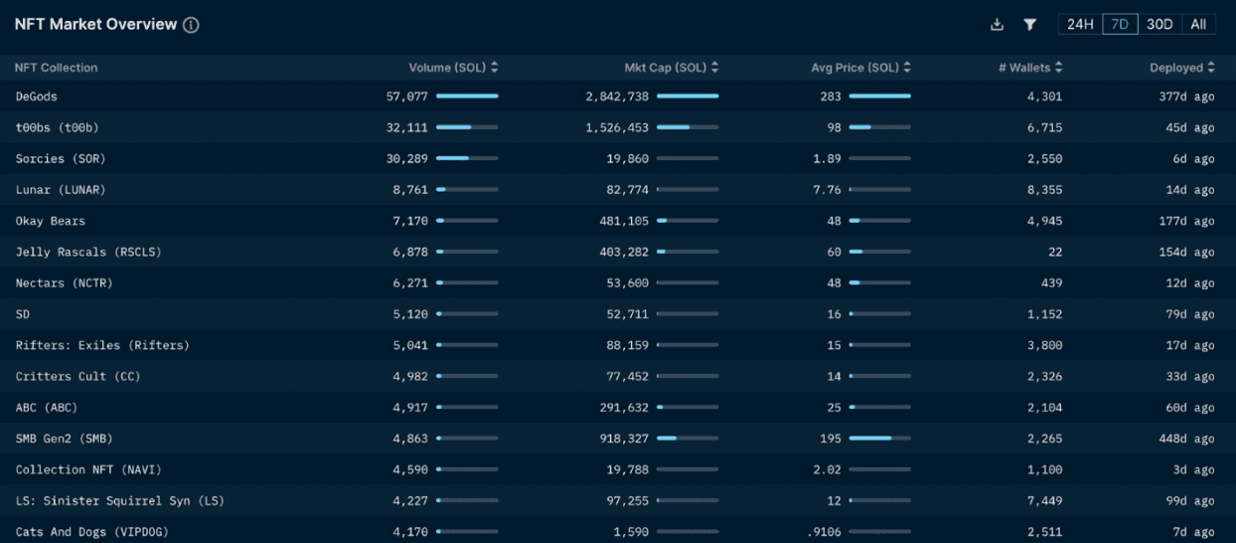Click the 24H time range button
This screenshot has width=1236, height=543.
point(1080,25)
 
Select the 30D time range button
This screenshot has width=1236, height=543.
point(1159,25)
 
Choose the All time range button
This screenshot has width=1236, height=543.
point(1198,25)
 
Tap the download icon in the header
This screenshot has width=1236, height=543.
point(998,25)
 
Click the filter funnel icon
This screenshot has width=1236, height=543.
point(1030,25)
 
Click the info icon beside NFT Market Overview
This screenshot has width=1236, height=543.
point(191,25)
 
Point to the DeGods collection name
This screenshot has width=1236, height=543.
point(37,96)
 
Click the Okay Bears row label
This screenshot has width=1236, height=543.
point(51,221)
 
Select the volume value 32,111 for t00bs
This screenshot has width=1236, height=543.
point(407,127)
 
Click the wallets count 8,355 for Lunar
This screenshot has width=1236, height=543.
point(1044,190)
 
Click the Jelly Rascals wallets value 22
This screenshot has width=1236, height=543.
point(1053,253)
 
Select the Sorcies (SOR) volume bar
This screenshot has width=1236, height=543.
point(467,159)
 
